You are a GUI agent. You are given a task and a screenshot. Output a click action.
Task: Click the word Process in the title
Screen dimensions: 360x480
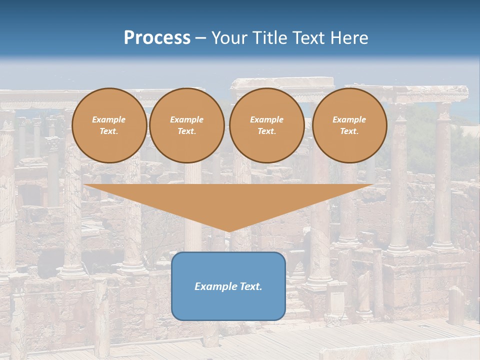point(157,38)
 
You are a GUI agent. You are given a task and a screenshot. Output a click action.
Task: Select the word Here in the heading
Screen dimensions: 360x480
point(349,38)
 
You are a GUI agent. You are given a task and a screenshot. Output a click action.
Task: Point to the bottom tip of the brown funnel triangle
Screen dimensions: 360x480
point(228,231)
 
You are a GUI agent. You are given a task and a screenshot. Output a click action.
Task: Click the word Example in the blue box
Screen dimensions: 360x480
point(215,286)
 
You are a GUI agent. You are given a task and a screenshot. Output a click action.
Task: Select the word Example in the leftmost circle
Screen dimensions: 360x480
point(109,119)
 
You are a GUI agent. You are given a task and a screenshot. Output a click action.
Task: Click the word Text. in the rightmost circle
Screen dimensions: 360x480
point(349,131)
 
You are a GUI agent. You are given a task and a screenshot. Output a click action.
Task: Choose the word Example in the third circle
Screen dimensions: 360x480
point(267,119)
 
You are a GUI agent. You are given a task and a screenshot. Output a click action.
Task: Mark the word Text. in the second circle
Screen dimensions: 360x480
point(187,131)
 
